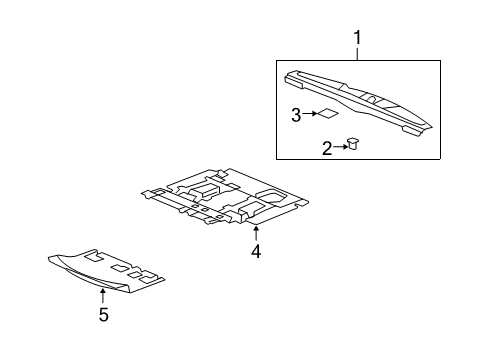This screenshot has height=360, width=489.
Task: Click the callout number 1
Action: [357, 39]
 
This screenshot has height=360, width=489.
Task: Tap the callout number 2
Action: [326, 148]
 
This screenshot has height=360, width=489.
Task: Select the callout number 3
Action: [296, 115]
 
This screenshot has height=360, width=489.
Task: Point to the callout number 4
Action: [256, 252]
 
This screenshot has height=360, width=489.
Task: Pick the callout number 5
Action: [103, 316]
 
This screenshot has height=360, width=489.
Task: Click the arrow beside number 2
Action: [340, 147]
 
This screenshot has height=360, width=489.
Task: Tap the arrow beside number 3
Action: [309, 115]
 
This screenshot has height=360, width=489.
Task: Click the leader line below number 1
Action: [357, 54]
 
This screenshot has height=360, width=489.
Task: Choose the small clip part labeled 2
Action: [354, 144]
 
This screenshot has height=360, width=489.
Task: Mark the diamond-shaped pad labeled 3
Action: [327, 114]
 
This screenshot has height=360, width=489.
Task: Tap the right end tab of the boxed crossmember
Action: [415, 128]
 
